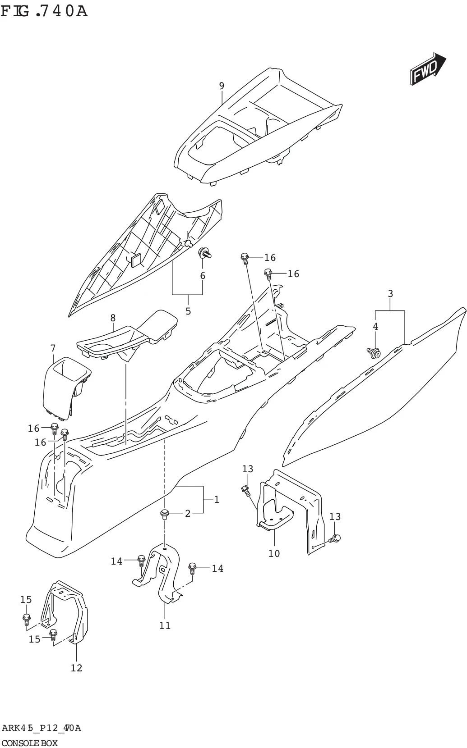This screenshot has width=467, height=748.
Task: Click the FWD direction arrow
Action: (x=427, y=69)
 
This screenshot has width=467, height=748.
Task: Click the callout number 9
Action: (x=222, y=86)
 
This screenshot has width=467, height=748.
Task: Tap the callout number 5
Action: (x=188, y=311)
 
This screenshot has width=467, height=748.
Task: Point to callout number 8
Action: (x=113, y=318)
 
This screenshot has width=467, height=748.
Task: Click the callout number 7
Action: (x=53, y=348)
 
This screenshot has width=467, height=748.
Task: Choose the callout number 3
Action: (x=390, y=294)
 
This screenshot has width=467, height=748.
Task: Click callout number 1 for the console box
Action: (x=217, y=499)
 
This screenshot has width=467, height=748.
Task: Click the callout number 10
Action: (x=274, y=553)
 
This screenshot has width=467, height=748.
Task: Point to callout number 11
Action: (x=165, y=625)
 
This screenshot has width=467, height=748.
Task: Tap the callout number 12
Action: (x=77, y=668)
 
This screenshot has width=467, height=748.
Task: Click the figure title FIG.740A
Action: (x=44, y=10)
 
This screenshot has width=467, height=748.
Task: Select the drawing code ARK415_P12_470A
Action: (x=41, y=728)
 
